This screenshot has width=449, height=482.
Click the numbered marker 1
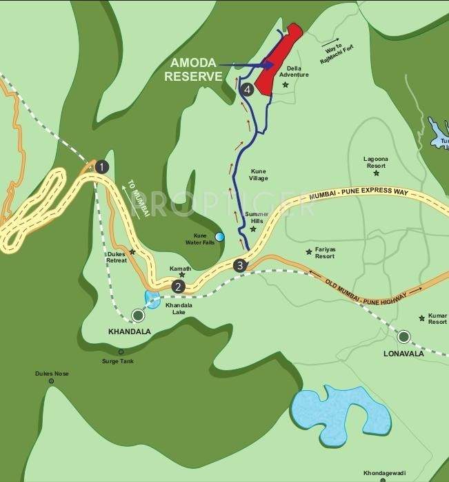pyautogui.click(x=102, y=166)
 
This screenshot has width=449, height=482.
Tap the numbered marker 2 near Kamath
pyautogui.click(x=178, y=287)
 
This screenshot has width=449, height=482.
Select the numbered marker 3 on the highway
pyautogui.click(x=239, y=264)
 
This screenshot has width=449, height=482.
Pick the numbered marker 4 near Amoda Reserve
pyautogui.click(x=248, y=88)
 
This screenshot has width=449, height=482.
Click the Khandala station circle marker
pyautogui.click(x=138, y=316)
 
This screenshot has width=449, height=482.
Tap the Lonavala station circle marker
pyautogui.click(x=403, y=336)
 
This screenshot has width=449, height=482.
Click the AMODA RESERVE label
pyautogui.click(x=194, y=70)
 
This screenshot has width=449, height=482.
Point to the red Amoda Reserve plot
pyautogui.click(x=279, y=58)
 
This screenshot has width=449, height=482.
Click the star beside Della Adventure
pyautogui.click(x=285, y=85)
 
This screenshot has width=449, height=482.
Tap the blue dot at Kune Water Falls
pyautogui.click(x=219, y=237)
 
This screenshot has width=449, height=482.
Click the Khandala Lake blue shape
pyautogui.click(x=152, y=299)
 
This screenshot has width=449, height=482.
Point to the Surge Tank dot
pyautogui.click(x=121, y=351)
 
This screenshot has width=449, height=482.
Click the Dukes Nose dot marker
pyautogui.click(x=51, y=380)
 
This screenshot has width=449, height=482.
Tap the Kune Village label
pyautogui.click(x=259, y=174)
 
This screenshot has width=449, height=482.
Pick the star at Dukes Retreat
pyautogui.click(x=132, y=252)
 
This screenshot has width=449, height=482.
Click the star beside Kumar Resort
pyautogui.click(x=421, y=318)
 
